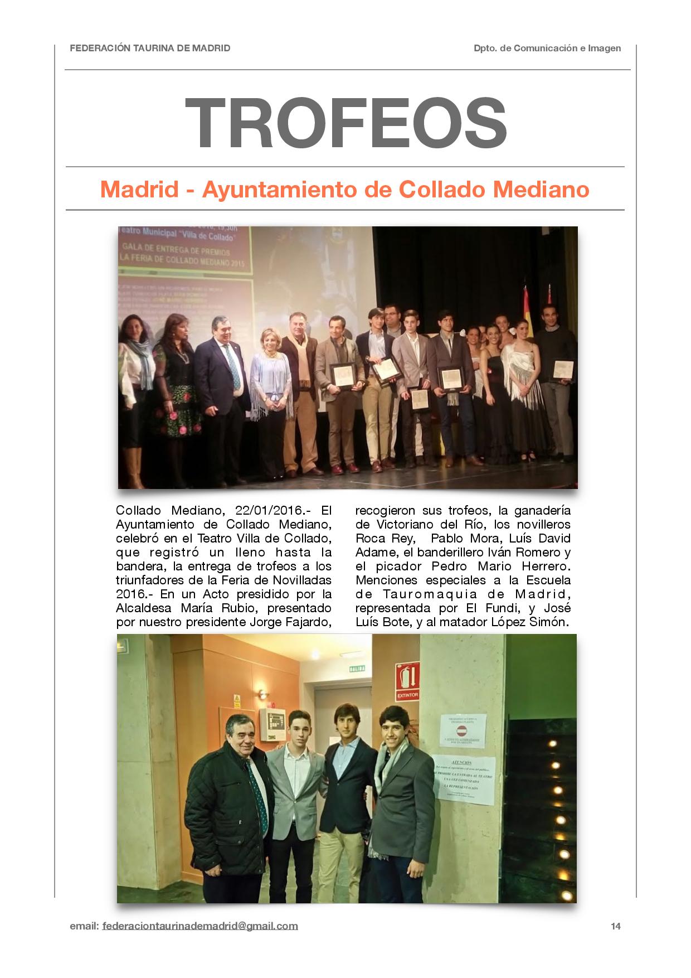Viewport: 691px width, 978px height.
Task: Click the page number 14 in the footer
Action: click(x=615, y=926)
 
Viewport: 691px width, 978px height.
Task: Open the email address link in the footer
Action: click(x=200, y=926)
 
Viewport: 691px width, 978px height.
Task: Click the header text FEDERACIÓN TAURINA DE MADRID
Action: click(x=150, y=49)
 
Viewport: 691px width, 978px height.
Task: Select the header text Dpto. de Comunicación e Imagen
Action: click(x=547, y=49)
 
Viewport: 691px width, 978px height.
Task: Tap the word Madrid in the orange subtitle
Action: click(x=139, y=190)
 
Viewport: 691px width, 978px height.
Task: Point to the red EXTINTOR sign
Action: click(x=407, y=681)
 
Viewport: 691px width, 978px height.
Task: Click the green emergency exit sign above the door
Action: click(x=358, y=669)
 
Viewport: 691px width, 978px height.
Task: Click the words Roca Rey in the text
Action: click(x=385, y=539)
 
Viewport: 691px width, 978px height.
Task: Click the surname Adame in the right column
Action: click(x=375, y=553)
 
